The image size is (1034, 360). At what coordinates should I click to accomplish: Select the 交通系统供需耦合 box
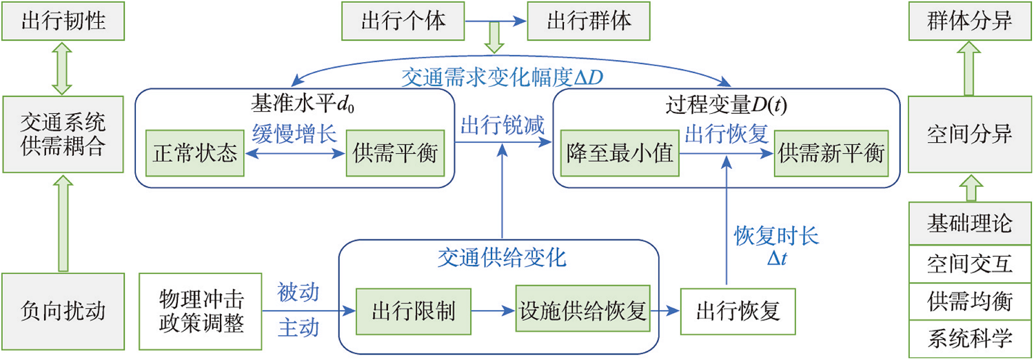[63, 135]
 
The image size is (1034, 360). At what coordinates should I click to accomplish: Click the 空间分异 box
[970, 135]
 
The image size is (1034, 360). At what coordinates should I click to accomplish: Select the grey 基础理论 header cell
[970, 224]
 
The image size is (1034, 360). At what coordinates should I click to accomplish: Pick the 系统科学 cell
[970, 339]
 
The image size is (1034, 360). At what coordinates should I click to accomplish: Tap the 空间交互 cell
[970, 263]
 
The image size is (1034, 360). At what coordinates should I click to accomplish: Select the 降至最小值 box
[619, 152]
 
